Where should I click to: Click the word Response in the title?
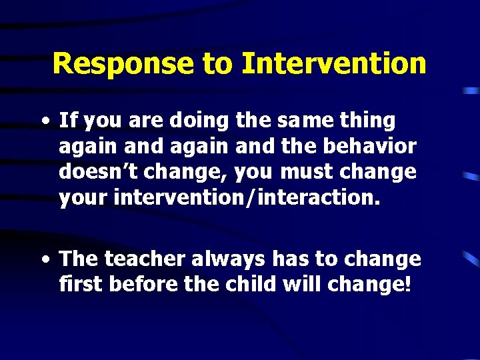[122, 64]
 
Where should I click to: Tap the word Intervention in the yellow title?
[334, 64]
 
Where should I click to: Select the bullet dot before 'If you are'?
[44, 122]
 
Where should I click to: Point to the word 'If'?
[67, 121]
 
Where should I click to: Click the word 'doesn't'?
[100, 172]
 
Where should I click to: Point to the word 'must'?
[309, 172]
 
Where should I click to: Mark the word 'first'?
[81, 285]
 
